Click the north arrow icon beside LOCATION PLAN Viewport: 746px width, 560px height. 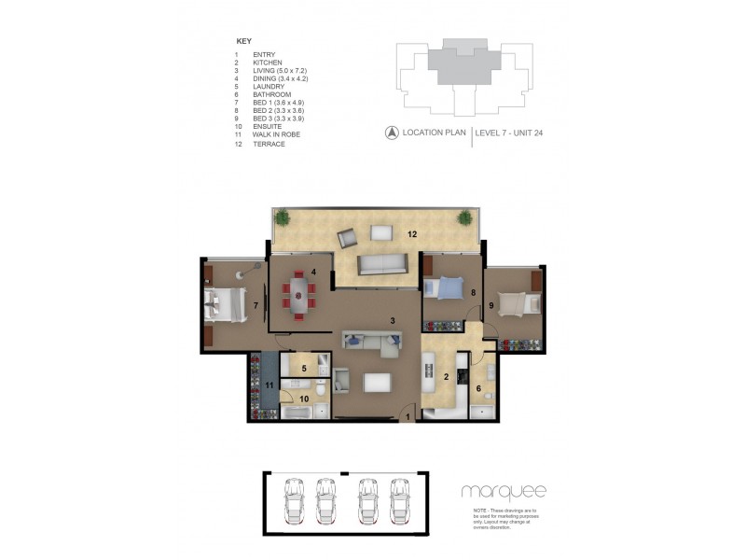[x=392, y=133]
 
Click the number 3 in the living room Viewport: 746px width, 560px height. [x=394, y=321]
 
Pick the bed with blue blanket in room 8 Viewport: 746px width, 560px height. [x=446, y=288]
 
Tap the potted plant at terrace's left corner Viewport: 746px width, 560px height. [x=280, y=218]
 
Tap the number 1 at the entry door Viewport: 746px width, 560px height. [x=409, y=415]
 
